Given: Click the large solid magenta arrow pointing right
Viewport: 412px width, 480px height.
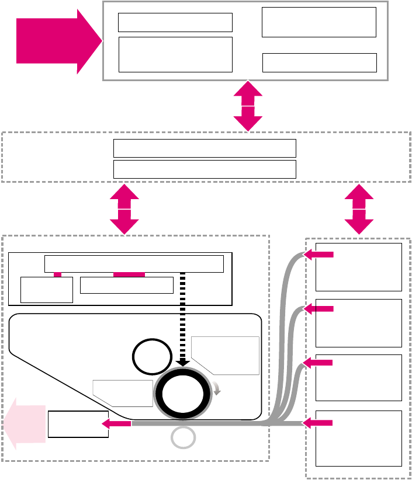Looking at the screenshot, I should coord(56,41).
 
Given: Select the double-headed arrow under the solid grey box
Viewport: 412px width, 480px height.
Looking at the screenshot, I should coord(248,106).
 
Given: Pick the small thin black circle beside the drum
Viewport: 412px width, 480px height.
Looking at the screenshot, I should coord(150,357).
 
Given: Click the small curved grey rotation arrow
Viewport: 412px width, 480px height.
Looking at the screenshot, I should coord(216,388).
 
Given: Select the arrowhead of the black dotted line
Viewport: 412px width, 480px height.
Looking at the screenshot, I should coord(183,363).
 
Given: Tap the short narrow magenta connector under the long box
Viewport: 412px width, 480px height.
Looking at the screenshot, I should coord(57,274).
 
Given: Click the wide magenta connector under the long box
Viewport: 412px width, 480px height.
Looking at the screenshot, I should coord(129,274).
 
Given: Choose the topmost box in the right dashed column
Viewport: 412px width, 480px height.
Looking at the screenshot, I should coord(358,267).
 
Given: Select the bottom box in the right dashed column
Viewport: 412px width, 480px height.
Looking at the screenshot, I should coord(358,438).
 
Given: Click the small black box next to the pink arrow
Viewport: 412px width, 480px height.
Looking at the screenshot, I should coord(78,425).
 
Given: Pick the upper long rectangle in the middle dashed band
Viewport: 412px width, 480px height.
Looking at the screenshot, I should coord(205,148).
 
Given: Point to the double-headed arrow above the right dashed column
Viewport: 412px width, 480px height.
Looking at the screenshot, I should coord(359,210).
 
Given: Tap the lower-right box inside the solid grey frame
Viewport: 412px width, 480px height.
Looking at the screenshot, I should coord(320,62).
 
